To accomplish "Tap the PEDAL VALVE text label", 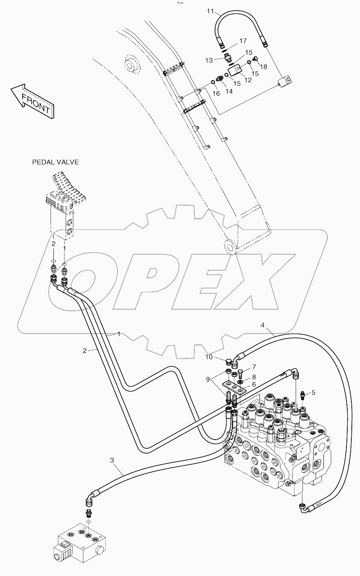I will point(55,162).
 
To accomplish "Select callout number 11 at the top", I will point(210,12).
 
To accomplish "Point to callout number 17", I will point(243,41).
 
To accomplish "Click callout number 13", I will point(209,60).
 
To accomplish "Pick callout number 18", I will point(263,67).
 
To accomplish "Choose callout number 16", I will point(216,93).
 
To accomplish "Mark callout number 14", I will point(229,91).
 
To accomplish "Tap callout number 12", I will point(248,80).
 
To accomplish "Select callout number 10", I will point(209,357).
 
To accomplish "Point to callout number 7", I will point(254,366).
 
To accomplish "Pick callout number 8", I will point(254,376).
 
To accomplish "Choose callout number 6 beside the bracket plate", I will point(254,384).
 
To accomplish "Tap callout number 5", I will point(314,392).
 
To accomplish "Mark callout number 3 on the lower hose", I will point(112,461).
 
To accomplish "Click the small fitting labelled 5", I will point(303,395).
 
